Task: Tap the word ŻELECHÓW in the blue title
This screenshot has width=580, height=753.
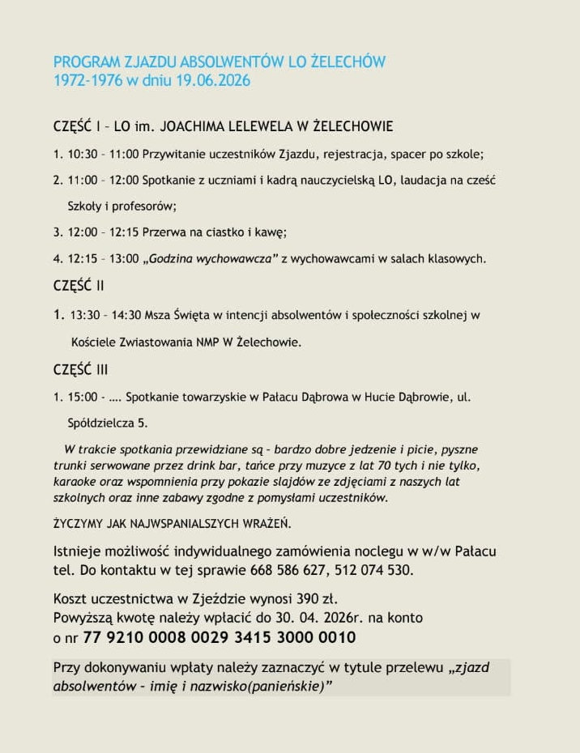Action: tap(348, 62)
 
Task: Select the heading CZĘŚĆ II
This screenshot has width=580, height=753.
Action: tap(79, 286)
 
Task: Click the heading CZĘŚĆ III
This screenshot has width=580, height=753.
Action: tap(80, 370)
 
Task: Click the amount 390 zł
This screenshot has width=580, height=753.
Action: tap(313, 600)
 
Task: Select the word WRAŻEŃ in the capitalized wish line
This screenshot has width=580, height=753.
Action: tap(262, 523)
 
